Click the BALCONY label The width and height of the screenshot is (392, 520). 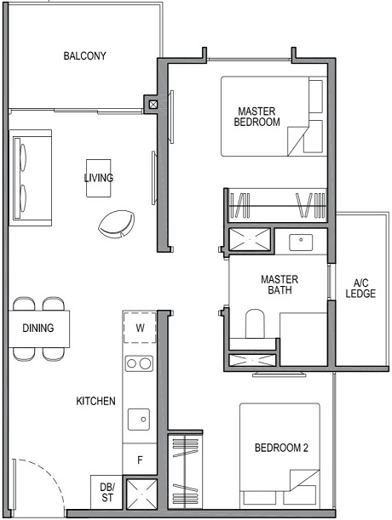click(x=84, y=57)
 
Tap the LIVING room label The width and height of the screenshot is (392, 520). click(x=98, y=178)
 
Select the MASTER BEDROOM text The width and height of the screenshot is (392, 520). click(x=257, y=117)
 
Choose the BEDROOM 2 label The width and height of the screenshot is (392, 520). click(x=281, y=449)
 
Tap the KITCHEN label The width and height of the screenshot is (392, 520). click(x=95, y=401)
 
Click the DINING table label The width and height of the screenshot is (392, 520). click(x=38, y=328)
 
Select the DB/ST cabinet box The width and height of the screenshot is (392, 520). click(x=107, y=493)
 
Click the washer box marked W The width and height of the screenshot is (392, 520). click(x=139, y=327)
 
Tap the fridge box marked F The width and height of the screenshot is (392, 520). click(x=140, y=460)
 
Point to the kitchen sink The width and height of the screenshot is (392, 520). click(x=139, y=419)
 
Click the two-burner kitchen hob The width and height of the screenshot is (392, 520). click(x=139, y=364)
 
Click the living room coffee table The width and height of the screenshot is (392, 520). click(x=99, y=178)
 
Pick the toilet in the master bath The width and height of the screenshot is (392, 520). click(x=256, y=325)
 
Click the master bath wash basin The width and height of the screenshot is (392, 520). click(x=301, y=243)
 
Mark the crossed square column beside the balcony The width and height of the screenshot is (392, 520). click(x=153, y=105)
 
